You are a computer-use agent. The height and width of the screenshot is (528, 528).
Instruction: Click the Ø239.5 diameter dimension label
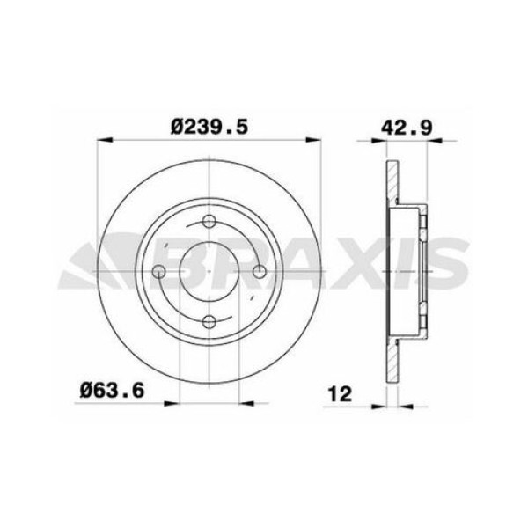tap(209, 127)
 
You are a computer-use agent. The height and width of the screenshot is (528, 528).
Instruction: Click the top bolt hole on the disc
tap(209, 222)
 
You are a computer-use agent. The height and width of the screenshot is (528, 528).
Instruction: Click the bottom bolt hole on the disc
tap(209, 322)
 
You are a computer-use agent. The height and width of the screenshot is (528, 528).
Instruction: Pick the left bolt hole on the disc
tap(158, 272)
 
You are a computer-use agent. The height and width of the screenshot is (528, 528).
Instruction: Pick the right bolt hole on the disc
tap(260, 272)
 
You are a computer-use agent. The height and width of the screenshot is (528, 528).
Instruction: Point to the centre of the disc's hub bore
tap(209, 272)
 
